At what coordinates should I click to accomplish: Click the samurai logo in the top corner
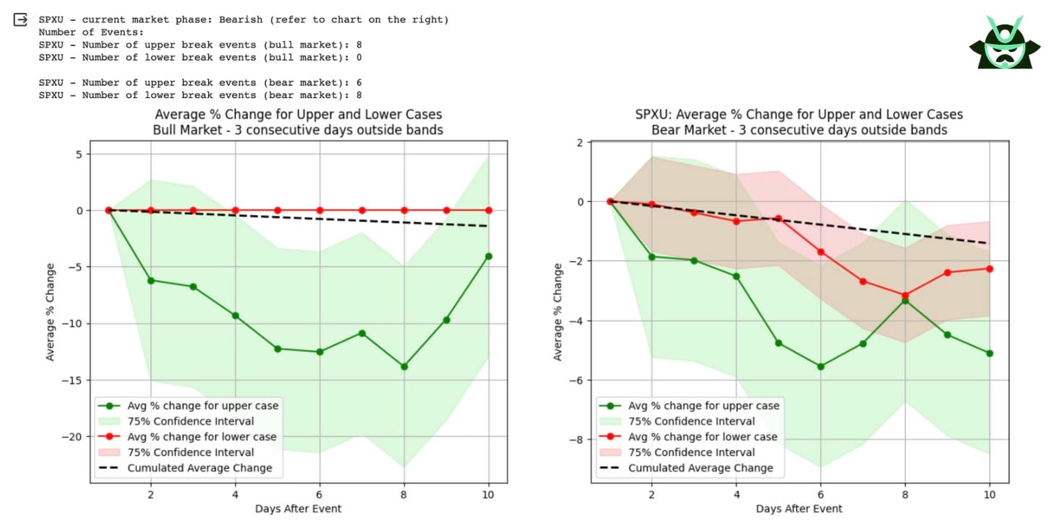pyautogui.click(x=1004, y=43)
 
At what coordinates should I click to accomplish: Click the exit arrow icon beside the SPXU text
pyautogui.click(x=21, y=19)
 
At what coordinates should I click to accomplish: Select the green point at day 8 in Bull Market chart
pyautogui.click(x=404, y=367)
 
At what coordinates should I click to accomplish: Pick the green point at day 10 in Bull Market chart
pyautogui.click(x=489, y=256)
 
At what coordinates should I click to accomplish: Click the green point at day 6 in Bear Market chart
pyautogui.click(x=820, y=367)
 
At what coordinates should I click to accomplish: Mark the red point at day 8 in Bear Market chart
pyautogui.click(x=905, y=295)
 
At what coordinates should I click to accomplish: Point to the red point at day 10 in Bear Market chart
pyautogui.click(x=989, y=268)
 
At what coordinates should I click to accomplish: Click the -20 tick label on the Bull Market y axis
pyautogui.click(x=73, y=436)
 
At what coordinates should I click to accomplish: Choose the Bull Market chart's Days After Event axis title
pyautogui.click(x=298, y=509)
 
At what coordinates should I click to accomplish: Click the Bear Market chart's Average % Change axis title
pyautogui.click(x=557, y=312)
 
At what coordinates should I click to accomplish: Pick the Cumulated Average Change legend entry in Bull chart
pyautogui.click(x=200, y=468)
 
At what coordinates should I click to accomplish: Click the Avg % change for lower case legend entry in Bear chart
pyautogui.click(x=703, y=436)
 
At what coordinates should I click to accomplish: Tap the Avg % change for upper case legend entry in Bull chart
pyautogui.click(x=202, y=405)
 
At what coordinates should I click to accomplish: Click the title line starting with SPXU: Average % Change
pyautogui.click(x=799, y=115)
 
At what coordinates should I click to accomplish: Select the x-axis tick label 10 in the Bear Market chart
pyautogui.click(x=989, y=495)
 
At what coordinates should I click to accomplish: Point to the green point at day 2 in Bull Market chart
pyautogui.click(x=151, y=280)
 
